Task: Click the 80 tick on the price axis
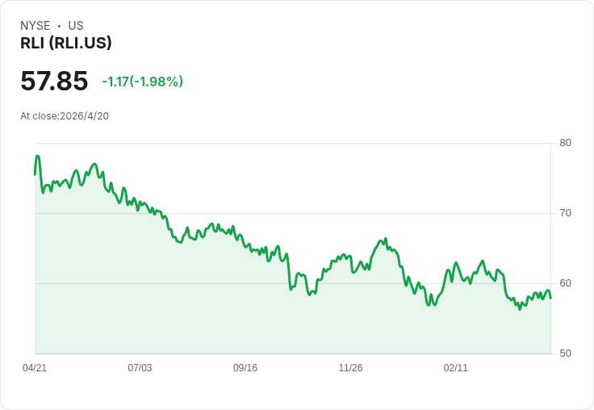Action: (565, 143)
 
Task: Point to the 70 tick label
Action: (565, 213)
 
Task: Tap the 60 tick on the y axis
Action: (565, 283)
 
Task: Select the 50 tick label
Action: (565, 354)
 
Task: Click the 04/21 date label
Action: (35, 367)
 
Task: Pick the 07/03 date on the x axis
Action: (140, 367)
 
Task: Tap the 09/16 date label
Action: (245, 367)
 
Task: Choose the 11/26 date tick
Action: (350, 367)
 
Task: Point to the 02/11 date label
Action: (456, 367)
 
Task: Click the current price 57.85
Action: (54, 81)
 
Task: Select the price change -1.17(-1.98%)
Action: (142, 82)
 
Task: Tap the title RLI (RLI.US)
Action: (66, 43)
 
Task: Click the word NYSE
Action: (36, 26)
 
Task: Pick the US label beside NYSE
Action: (76, 26)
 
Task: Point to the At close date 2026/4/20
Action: (85, 116)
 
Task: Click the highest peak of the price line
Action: (37, 156)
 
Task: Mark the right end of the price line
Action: (550, 298)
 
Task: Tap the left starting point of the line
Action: (35, 174)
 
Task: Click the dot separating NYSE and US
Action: (59, 26)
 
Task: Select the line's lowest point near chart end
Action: (520, 309)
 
